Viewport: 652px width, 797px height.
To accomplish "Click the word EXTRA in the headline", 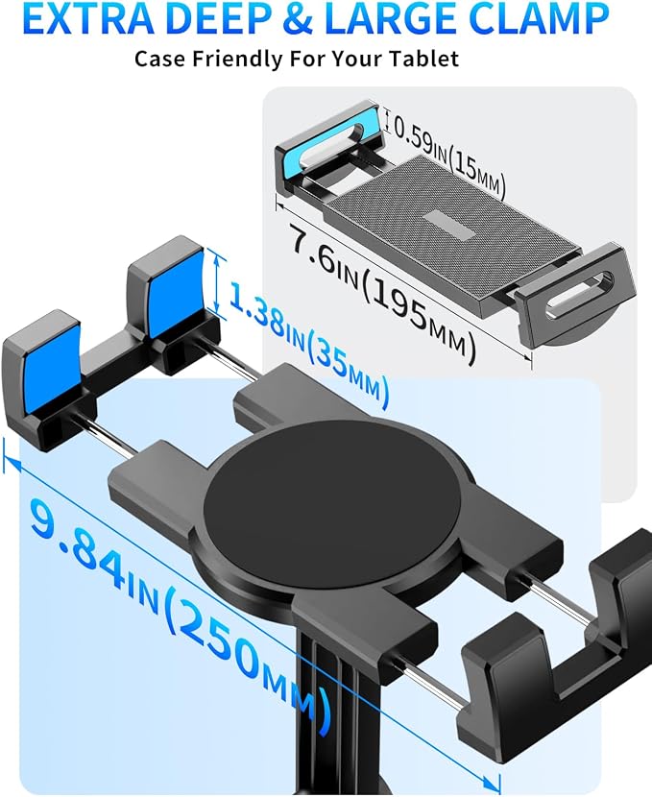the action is pyautogui.click(x=83, y=18).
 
